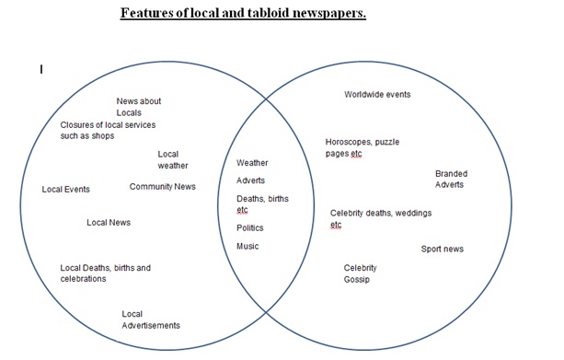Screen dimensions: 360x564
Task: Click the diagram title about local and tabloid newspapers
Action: click(244, 16)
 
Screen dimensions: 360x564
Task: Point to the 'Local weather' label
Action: click(172, 159)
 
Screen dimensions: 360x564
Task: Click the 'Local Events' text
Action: click(66, 190)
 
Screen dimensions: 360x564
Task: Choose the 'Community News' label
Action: click(162, 187)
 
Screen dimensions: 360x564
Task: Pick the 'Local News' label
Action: click(109, 223)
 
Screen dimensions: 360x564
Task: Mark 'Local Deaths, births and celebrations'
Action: click(105, 273)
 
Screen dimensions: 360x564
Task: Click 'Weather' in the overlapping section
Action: click(252, 163)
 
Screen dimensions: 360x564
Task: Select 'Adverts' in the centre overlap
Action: click(250, 180)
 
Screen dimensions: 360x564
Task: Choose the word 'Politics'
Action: click(249, 227)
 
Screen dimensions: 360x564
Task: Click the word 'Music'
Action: click(247, 246)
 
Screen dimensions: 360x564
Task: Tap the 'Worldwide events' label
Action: click(377, 94)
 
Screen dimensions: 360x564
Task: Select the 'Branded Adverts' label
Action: click(450, 179)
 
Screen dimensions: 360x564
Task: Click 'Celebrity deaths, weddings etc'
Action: click(380, 218)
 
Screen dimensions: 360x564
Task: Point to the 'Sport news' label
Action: click(442, 249)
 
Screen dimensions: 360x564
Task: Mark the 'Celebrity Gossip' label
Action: click(360, 273)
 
